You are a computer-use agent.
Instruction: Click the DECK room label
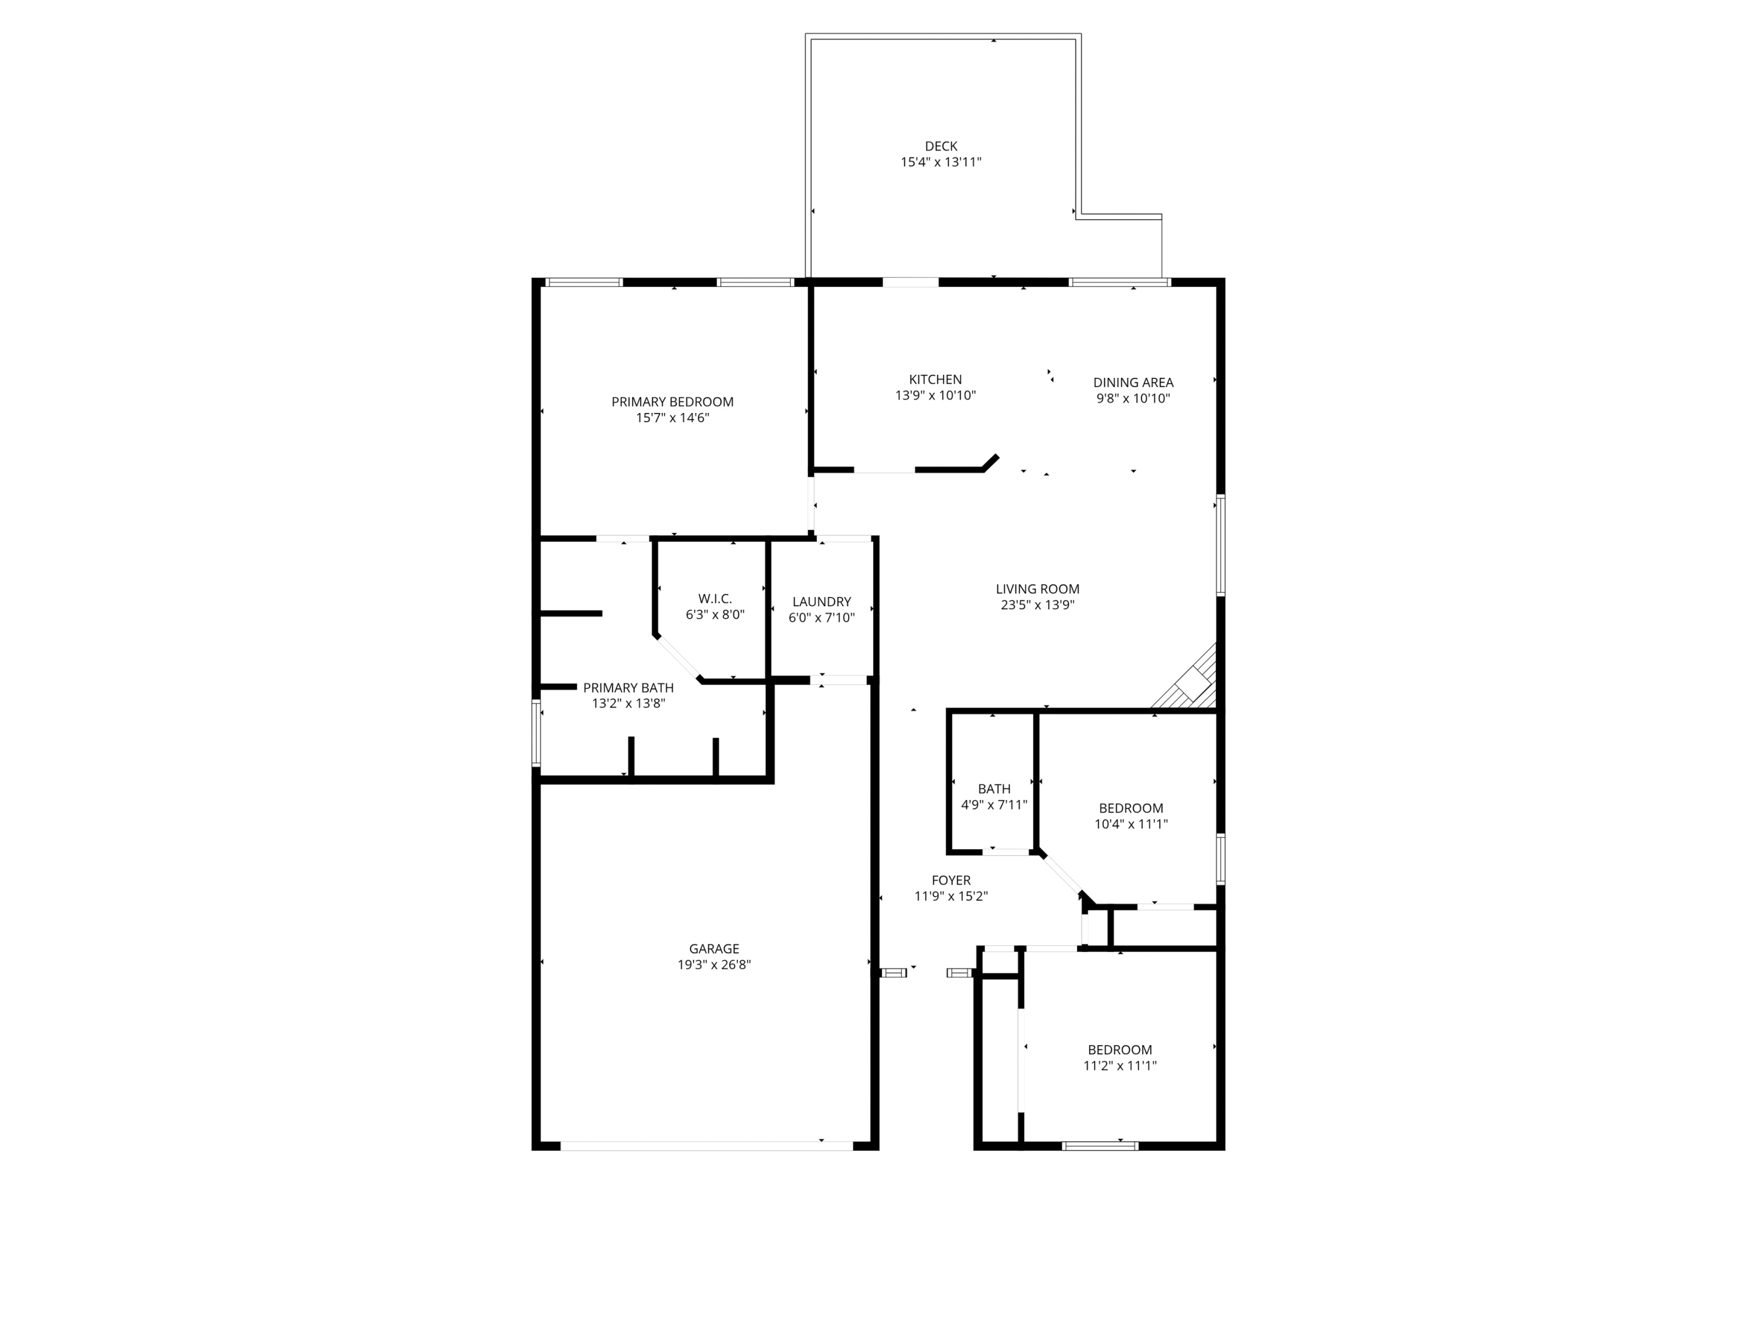point(941,146)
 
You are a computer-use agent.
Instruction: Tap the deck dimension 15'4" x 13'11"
point(941,162)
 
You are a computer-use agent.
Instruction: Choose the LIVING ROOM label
point(1037,589)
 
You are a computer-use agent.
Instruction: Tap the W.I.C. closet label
point(715,598)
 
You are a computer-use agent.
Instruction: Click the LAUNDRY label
point(821,602)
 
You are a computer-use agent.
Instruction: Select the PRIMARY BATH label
point(628,688)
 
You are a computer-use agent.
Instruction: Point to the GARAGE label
point(714,948)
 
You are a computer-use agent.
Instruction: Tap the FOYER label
point(951,880)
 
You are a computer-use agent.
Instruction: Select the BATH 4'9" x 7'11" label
point(994,797)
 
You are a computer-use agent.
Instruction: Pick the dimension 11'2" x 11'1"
point(1120,1066)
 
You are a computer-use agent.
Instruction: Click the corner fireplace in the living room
point(1189,680)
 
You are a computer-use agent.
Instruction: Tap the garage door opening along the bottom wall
point(706,1146)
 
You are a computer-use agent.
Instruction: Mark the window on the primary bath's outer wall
point(536,732)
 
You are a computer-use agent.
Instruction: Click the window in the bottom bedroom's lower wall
point(1100,1146)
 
